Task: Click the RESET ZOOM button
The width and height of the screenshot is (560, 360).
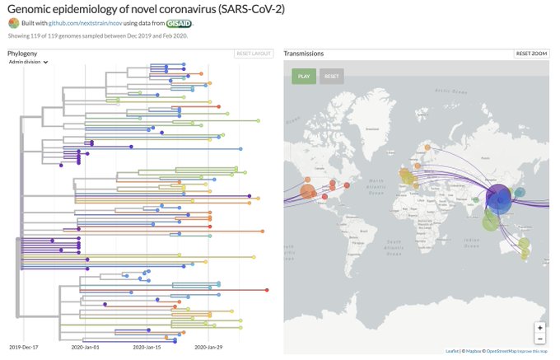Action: point(531,54)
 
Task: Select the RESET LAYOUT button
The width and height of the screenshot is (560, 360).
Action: point(254,54)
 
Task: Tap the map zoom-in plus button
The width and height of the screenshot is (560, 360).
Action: point(539,327)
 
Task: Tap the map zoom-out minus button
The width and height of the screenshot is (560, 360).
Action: point(539,339)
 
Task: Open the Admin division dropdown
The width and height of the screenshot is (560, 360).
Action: point(28,62)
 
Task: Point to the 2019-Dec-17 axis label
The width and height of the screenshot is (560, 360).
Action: point(25,348)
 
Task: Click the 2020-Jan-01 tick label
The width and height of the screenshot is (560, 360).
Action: point(86,348)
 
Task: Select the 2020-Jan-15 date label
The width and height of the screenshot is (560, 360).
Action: point(147,348)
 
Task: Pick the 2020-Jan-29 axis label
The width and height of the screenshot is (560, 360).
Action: point(209,348)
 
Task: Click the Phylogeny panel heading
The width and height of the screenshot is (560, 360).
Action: point(24,54)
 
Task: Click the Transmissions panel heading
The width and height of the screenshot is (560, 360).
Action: point(304,54)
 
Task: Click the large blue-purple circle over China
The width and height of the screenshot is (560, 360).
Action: point(499,198)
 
